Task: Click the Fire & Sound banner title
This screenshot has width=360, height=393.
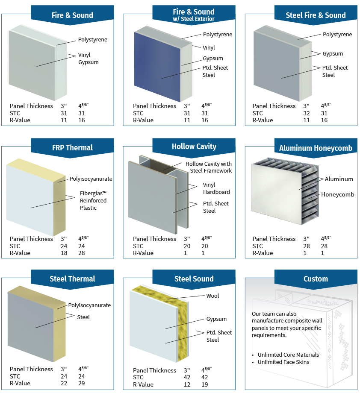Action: point(72,15)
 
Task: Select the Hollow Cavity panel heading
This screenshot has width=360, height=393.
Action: point(194,147)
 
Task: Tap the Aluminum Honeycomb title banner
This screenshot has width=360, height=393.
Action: point(316,148)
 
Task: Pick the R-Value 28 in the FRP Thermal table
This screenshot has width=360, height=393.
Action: point(82,253)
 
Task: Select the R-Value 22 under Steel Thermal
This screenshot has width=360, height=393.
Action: point(64,383)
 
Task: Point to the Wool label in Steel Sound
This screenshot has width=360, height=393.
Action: point(212,296)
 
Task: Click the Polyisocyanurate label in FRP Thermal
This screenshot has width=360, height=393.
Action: point(90,179)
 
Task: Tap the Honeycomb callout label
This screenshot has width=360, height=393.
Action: point(338,194)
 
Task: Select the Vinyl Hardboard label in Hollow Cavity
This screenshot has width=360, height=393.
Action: point(216,188)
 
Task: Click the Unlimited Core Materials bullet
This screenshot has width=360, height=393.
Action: point(288,355)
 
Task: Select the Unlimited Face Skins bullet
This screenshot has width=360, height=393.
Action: point(283,362)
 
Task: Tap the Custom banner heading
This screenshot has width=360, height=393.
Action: point(316,279)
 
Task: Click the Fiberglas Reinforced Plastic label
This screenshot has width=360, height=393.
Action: point(93,200)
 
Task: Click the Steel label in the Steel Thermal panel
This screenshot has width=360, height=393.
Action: point(83,317)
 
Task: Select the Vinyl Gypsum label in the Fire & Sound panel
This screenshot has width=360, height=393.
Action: point(88,59)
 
